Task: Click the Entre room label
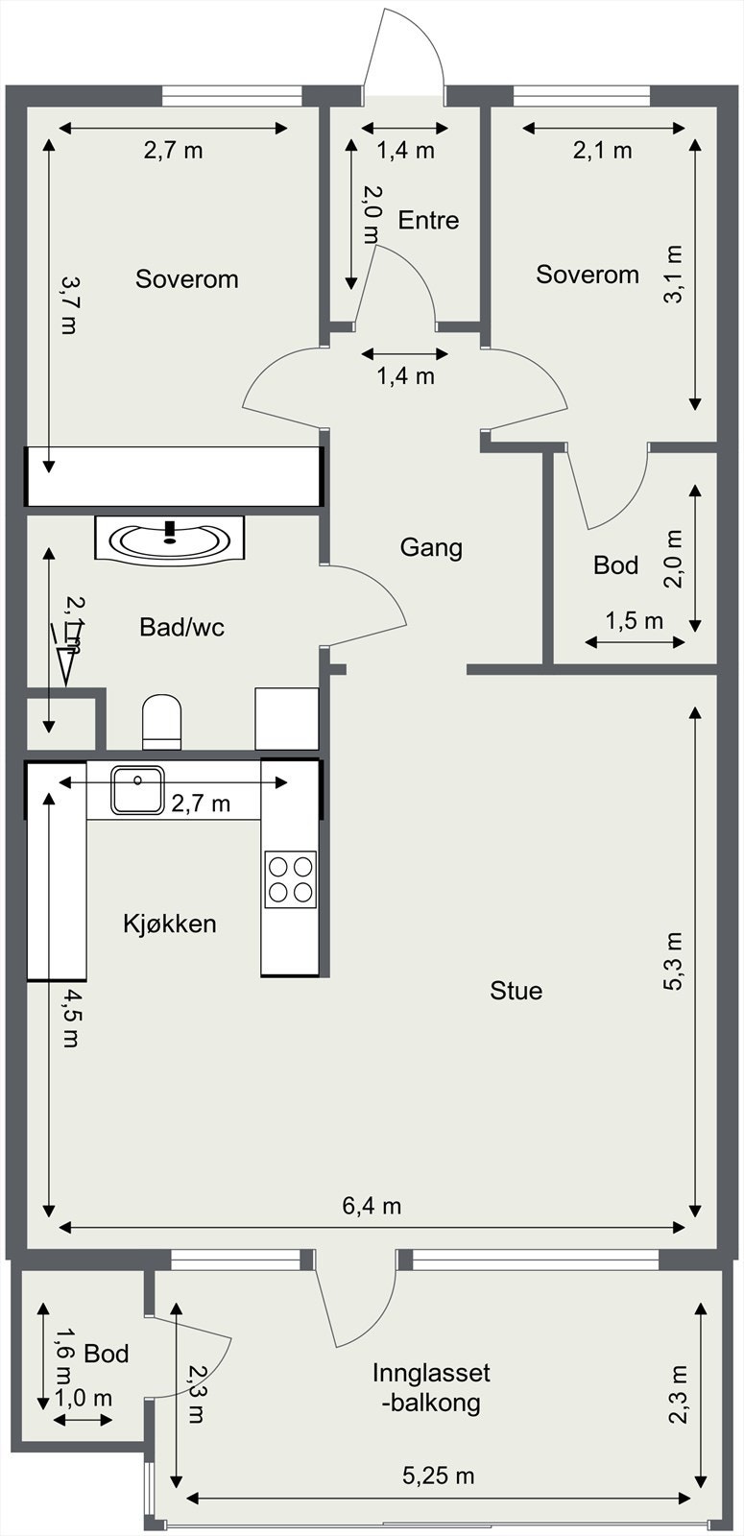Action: click(x=428, y=220)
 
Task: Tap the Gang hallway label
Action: click(x=431, y=547)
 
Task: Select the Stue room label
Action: click(x=516, y=991)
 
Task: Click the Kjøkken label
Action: click(x=170, y=924)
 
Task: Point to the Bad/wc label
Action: click(x=181, y=627)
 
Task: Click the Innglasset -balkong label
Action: click(x=431, y=1387)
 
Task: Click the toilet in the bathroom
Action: click(x=161, y=720)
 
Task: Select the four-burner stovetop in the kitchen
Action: click(x=291, y=879)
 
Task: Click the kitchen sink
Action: click(x=137, y=789)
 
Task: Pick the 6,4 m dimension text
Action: click(x=372, y=1206)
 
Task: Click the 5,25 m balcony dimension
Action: click(x=438, y=1476)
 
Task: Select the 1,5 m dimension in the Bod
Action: click(x=634, y=620)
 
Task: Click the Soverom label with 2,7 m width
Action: click(x=186, y=279)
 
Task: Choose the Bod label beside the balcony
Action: click(x=107, y=1354)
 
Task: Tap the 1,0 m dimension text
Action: click(x=84, y=1398)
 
